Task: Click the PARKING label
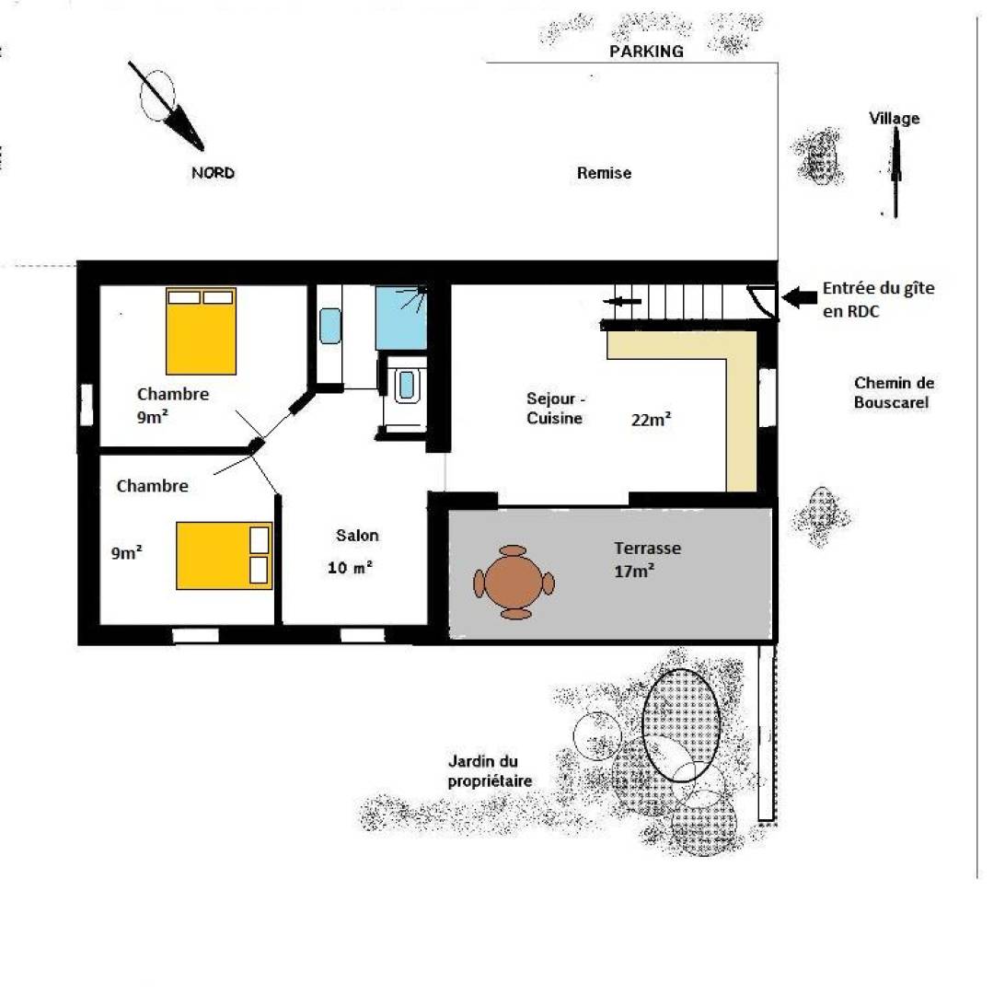(646, 52)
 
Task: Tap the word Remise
(604, 173)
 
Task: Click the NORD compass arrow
(167, 107)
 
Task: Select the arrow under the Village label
(896, 172)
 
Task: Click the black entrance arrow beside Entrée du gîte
(799, 296)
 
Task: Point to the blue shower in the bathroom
(401, 318)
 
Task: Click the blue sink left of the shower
(330, 326)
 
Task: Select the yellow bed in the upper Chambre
(201, 330)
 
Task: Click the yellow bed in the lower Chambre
(225, 556)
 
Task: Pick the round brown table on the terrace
(514, 583)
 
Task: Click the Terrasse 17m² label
(647, 560)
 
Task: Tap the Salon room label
(357, 535)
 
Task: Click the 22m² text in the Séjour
(652, 420)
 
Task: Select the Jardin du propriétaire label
(490, 771)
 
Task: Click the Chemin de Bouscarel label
(894, 393)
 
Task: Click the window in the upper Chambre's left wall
(87, 404)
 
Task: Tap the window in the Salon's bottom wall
(362, 635)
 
